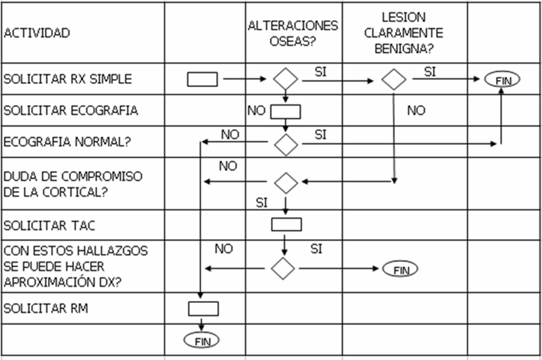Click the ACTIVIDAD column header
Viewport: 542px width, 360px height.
pos(36,33)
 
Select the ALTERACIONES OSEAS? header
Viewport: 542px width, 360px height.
pos(293,33)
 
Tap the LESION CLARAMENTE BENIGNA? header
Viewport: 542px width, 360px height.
pos(404,33)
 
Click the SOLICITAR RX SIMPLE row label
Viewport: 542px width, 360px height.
pos(68,79)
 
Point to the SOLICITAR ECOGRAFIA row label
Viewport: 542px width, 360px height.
pos(71,111)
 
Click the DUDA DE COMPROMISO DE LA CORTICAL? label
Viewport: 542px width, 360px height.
pos(73,184)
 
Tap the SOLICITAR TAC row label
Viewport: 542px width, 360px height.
pos(49,226)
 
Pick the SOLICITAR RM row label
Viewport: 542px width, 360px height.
pos(46,308)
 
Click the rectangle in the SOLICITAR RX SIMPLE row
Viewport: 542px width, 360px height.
pos(202,79)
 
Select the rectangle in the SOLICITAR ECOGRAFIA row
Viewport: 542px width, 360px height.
pos(285,111)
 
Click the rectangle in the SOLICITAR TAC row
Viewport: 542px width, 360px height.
pos(286,224)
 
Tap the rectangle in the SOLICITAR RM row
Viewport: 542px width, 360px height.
pos(203,309)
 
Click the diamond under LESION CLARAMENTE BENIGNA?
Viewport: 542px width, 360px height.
pos(394,79)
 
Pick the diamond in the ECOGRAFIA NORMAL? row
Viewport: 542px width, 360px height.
pos(285,144)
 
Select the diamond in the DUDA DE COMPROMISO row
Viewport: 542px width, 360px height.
pos(285,182)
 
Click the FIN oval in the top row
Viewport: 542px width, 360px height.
pos(502,80)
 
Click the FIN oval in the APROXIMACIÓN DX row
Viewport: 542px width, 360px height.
pos(400,269)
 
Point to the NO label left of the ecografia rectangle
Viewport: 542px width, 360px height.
pos(256,111)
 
